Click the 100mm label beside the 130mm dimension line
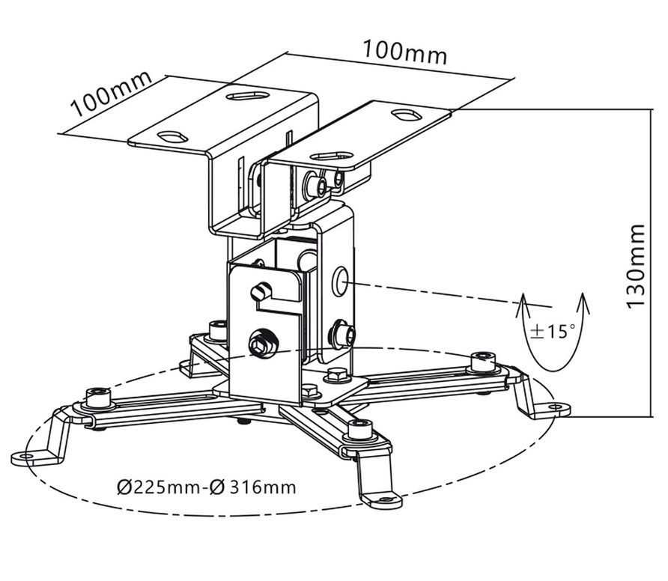tap(404, 51)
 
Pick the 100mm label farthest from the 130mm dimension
tap(112, 93)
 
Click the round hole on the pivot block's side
tap(341, 281)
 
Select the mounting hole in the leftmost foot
tap(28, 454)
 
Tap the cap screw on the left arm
tap(98, 395)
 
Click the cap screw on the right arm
tap(483, 360)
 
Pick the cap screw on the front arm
tap(359, 430)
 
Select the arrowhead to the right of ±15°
tap(583, 301)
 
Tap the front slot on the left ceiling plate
tap(173, 137)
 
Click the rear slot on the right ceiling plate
tap(406, 115)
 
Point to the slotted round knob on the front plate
tap(261, 292)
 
